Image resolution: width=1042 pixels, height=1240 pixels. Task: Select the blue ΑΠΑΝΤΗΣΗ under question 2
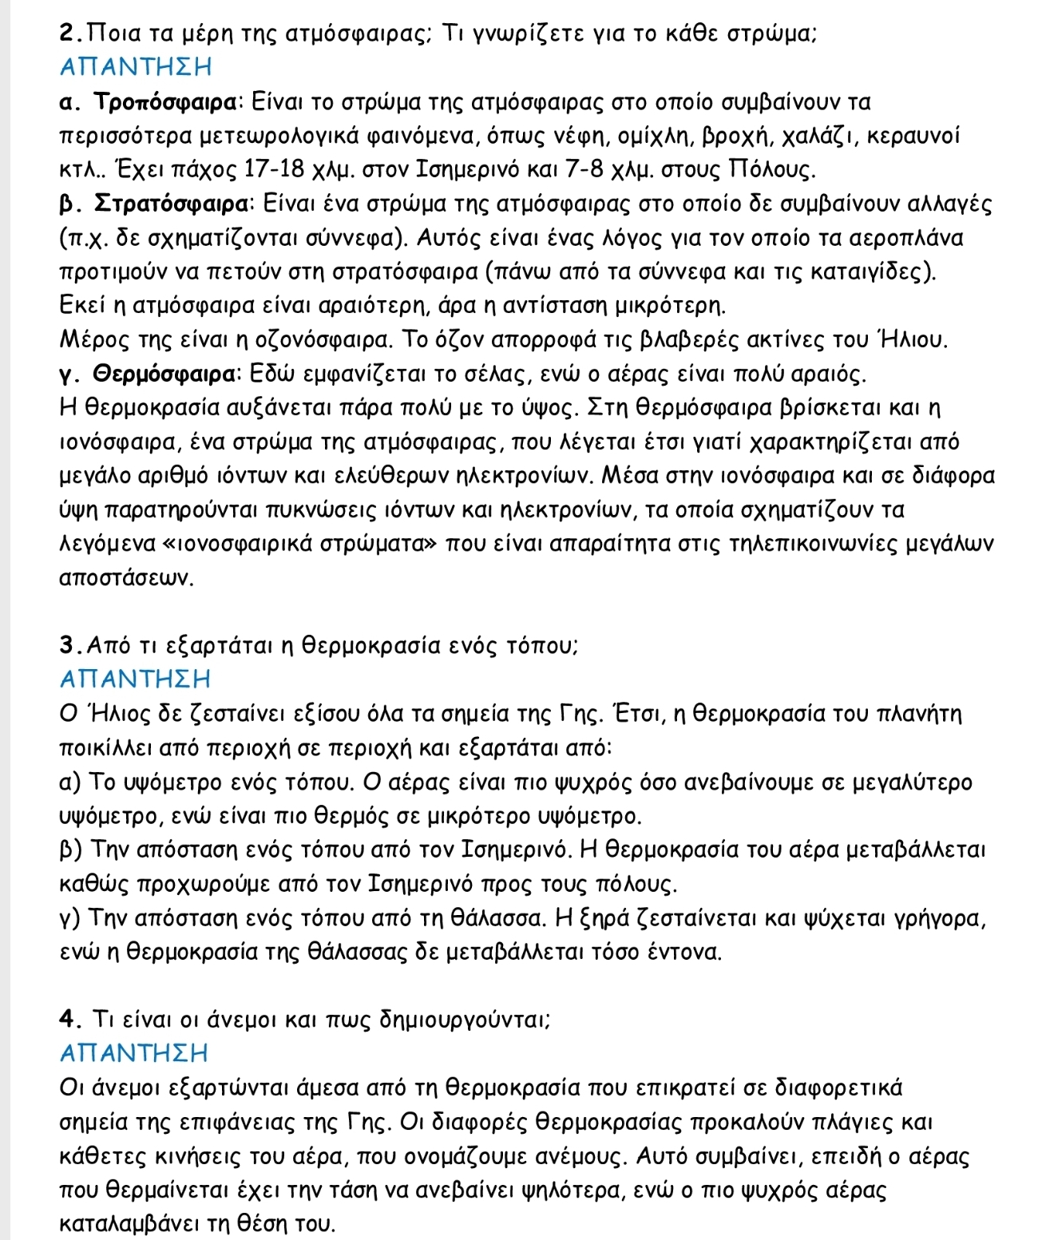point(135,67)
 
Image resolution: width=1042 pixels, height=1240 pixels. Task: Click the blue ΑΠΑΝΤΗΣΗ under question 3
point(135,679)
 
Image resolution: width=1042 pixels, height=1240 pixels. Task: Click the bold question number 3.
point(67,645)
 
